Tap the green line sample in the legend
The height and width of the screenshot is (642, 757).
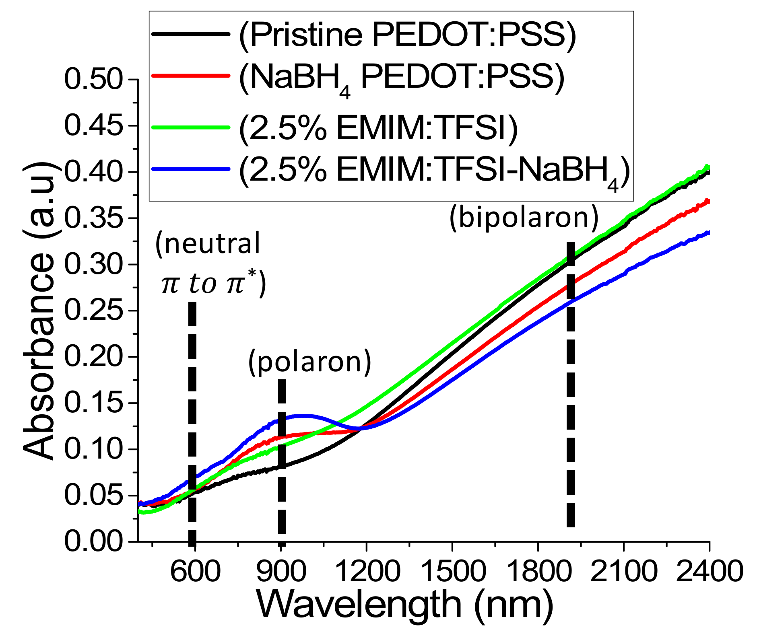click(191, 128)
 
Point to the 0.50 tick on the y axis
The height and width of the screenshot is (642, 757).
click(93, 79)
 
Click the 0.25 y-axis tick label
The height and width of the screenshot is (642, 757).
click(93, 311)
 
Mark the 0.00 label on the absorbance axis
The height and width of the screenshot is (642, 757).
click(93, 541)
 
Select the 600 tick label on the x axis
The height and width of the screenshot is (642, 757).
click(195, 571)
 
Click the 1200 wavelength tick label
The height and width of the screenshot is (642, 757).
click(367, 571)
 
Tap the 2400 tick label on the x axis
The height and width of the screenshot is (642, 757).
click(709, 571)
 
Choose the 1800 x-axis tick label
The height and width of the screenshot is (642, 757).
click(538, 571)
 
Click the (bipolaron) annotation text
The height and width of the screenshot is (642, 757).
click(524, 218)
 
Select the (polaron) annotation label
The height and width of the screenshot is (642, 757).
click(309, 362)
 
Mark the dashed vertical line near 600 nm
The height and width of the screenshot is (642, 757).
click(192, 402)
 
